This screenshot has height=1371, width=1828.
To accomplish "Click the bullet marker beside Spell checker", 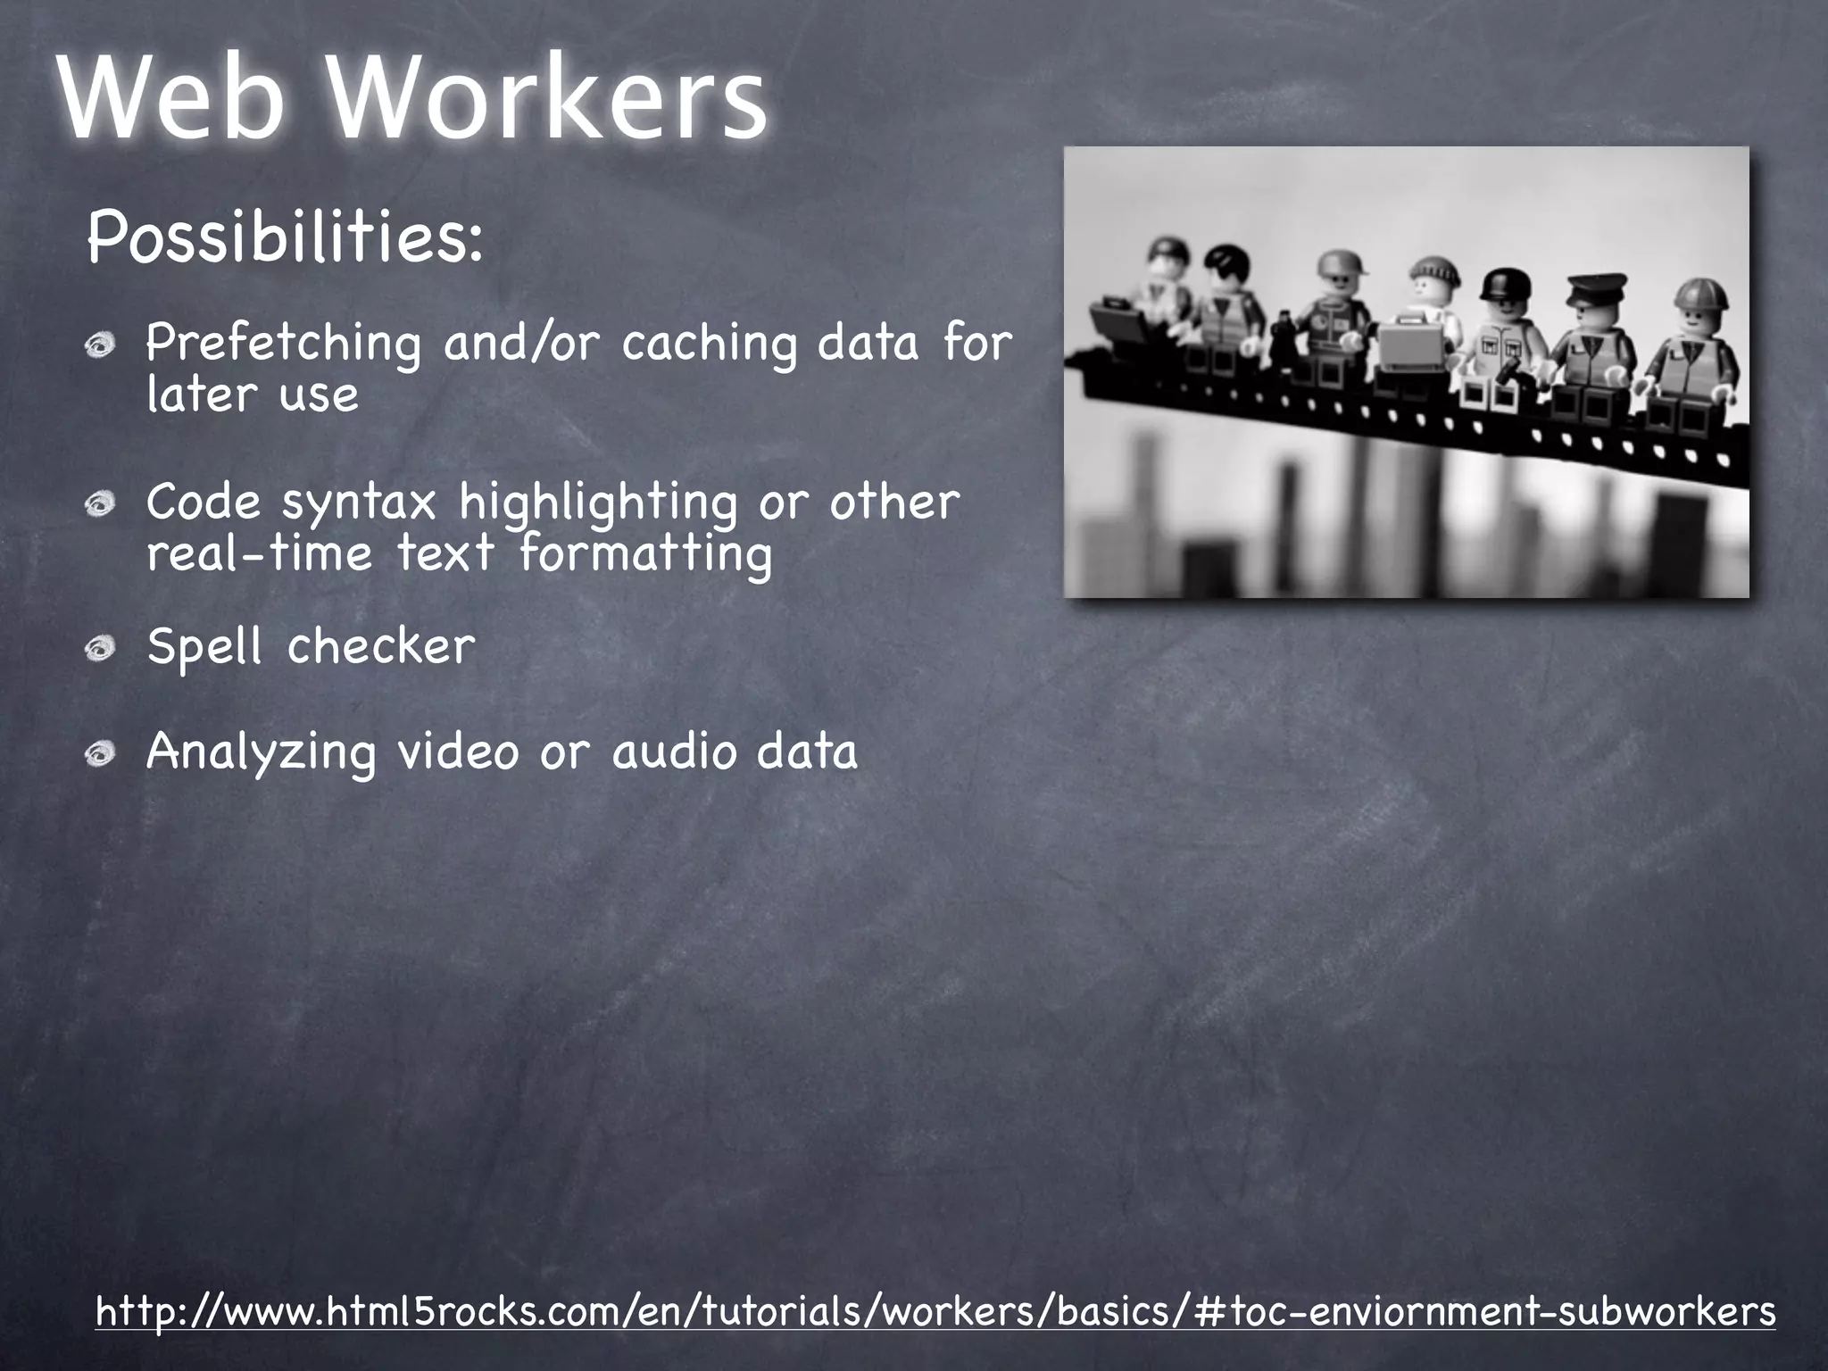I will click(x=101, y=648).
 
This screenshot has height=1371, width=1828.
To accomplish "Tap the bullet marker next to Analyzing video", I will click(x=101, y=754).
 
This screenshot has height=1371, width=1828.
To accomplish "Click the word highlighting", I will click(x=598, y=503).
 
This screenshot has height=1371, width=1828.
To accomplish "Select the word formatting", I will click(x=646, y=553).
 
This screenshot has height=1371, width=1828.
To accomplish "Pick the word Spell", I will click(x=204, y=645).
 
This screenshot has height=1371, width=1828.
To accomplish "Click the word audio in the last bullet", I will click(x=672, y=752).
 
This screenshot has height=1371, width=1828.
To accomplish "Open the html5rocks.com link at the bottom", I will click(x=935, y=1311).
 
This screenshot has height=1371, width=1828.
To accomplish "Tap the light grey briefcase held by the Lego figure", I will click(x=1409, y=361).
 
